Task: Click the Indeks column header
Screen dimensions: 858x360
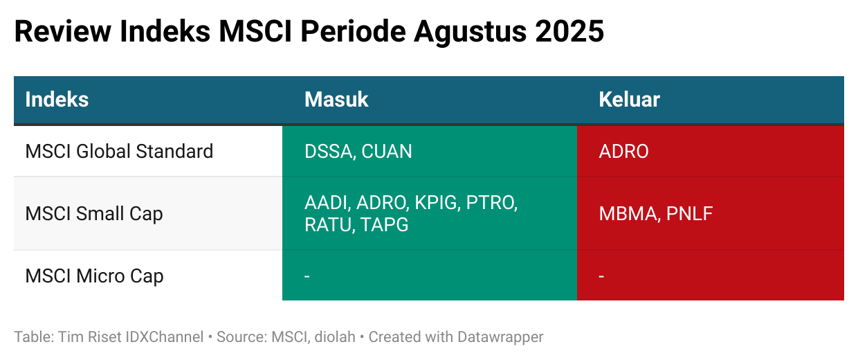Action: pos(57,100)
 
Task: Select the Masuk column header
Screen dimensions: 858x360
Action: pos(336,100)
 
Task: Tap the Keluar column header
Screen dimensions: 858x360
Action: pos(630,100)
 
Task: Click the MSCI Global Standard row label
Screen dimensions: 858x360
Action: pos(119,151)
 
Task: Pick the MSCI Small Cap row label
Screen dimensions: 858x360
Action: pos(94,213)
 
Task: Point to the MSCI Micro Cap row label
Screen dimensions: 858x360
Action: pos(94,276)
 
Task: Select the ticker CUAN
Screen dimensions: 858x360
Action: pos(387,152)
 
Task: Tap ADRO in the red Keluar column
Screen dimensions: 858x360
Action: pos(623,152)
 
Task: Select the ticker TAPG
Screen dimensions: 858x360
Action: pos(385,225)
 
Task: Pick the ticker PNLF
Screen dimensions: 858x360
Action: pos(689,214)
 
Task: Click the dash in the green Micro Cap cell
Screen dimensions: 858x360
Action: pos(307,276)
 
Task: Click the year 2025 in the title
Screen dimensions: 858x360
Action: pos(569,31)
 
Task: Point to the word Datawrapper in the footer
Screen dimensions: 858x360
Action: pos(500,337)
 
